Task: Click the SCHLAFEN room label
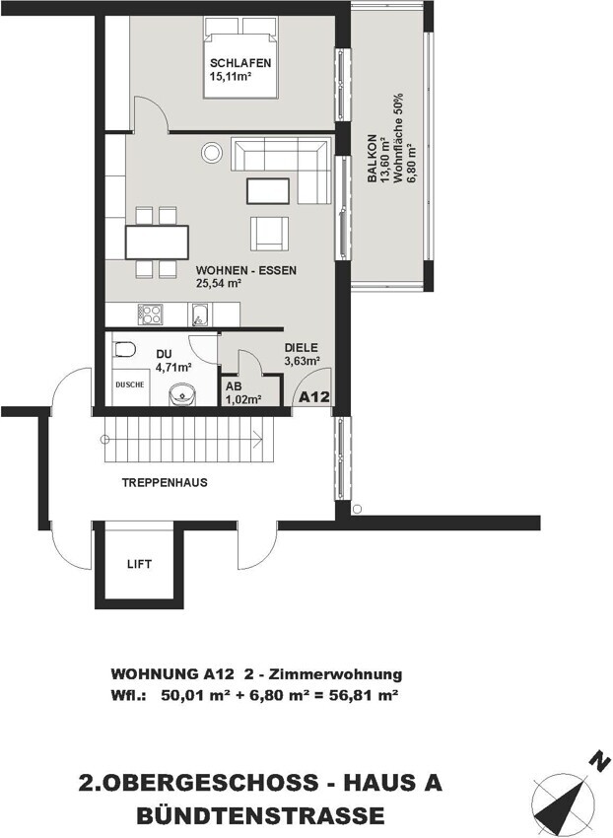[239, 63]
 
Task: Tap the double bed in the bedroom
[241, 58]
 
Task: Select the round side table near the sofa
[212, 152]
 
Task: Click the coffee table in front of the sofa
[268, 191]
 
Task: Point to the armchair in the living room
[270, 234]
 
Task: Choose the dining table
[157, 243]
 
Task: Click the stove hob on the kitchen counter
[150, 314]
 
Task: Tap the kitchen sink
[200, 314]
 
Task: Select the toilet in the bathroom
[124, 350]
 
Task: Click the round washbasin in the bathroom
[182, 394]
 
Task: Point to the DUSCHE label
[130, 384]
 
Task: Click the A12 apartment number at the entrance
[313, 397]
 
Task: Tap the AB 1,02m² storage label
[242, 392]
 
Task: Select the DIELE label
[301, 348]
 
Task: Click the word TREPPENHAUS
[165, 483]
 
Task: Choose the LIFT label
[140, 564]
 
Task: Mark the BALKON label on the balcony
[373, 158]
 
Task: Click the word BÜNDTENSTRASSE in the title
[260, 815]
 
